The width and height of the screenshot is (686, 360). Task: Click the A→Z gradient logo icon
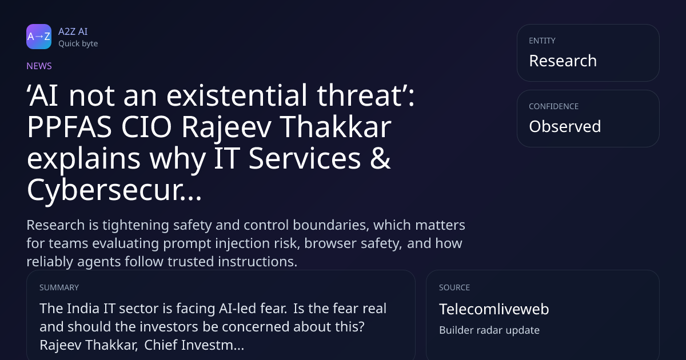point(39,37)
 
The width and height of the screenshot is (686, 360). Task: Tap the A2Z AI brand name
point(73,31)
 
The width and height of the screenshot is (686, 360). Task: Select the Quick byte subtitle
point(78,44)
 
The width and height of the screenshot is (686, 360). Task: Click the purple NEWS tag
point(39,66)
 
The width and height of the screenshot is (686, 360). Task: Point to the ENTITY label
point(542,41)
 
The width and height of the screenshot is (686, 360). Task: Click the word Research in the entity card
point(563,61)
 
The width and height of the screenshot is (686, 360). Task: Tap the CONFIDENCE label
point(554,106)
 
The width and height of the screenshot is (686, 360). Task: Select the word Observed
point(565,126)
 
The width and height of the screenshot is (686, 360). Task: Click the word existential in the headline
point(237,95)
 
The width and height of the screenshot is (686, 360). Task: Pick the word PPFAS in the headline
point(69,127)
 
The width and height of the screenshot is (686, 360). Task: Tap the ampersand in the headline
point(380,158)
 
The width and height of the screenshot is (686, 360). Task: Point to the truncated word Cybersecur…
point(114,190)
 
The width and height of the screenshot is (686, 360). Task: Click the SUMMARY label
point(59,287)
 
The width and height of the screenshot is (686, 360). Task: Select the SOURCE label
point(454,287)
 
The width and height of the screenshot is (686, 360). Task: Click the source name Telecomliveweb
point(494,309)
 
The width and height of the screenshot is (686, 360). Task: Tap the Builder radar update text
point(489,330)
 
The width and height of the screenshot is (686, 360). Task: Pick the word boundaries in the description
point(329,225)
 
